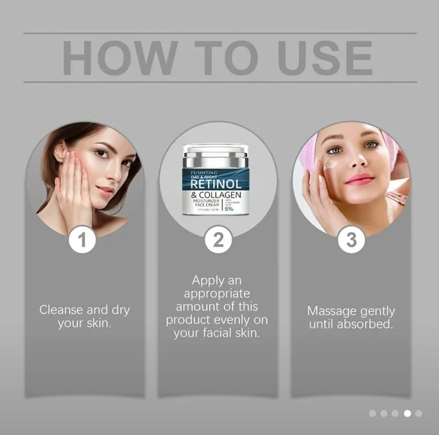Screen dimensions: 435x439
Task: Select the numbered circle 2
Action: click(x=218, y=240)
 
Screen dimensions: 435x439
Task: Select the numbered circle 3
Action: click(x=351, y=240)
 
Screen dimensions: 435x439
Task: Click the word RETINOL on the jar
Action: click(x=216, y=183)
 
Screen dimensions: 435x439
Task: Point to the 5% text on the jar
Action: click(x=230, y=209)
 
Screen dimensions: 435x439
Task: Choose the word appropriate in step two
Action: click(x=217, y=294)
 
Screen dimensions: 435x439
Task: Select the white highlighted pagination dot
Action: click(x=407, y=413)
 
